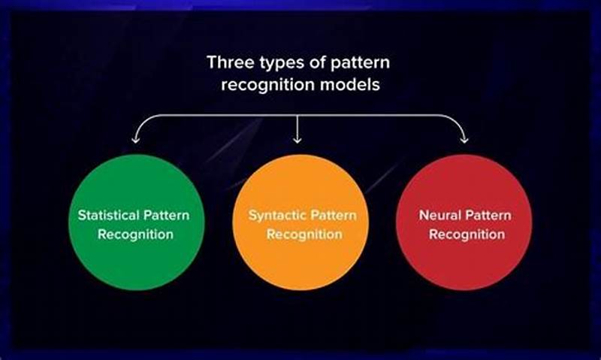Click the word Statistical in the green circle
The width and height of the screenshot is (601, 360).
click(x=107, y=215)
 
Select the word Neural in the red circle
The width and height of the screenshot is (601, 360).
click(x=436, y=215)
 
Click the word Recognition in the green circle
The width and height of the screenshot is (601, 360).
click(x=134, y=234)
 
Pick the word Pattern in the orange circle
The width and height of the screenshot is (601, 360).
click(x=328, y=215)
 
